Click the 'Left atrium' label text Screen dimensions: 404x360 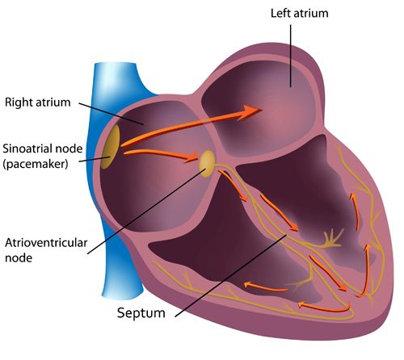299,13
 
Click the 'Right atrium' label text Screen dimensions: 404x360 38,103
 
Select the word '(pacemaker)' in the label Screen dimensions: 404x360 36,164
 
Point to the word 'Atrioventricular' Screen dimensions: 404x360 46,243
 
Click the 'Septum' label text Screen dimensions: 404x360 141,313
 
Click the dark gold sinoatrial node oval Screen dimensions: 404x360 111,147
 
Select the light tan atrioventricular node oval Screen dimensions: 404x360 207,164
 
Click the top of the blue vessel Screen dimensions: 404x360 116,64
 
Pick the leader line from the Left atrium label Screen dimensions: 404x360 290,56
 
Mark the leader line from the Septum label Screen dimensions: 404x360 231,275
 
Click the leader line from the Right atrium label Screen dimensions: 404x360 111,114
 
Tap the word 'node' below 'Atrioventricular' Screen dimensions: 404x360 19,258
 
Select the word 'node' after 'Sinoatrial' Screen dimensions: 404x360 69,149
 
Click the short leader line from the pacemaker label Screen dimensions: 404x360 95,159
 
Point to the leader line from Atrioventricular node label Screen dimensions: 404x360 146,211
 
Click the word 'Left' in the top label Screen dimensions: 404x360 280,13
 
